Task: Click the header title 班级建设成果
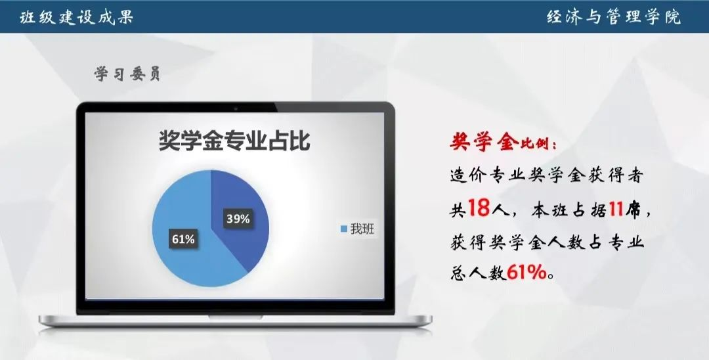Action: (x=76, y=17)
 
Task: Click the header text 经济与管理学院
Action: (x=614, y=17)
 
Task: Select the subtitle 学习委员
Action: (x=127, y=74)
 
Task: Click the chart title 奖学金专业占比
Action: (x=234, y=140)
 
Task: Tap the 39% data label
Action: (x=238, y=219)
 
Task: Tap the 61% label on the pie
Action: (x=183, y=238)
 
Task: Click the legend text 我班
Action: (x=362, y=229)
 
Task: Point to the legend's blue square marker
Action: (x=344, y=229)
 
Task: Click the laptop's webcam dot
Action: (x=236, y=108)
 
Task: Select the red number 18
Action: (x=479, y=208)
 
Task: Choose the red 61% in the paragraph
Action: (x=526, y=272)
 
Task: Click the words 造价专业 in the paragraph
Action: (x=489, y=175)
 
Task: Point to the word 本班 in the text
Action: (x=548, y=210)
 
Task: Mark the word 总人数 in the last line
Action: (x=479, y=273)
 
